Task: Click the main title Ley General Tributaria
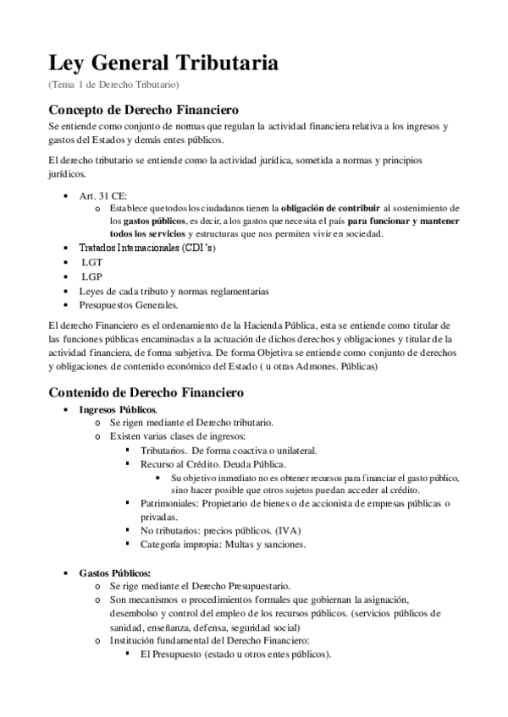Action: pos(163,63)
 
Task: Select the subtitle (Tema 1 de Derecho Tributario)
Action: pos(113,85)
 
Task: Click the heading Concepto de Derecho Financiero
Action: pos(143,110)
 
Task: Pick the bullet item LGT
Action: pos(91,262)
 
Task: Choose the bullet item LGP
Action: pos(91,276)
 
